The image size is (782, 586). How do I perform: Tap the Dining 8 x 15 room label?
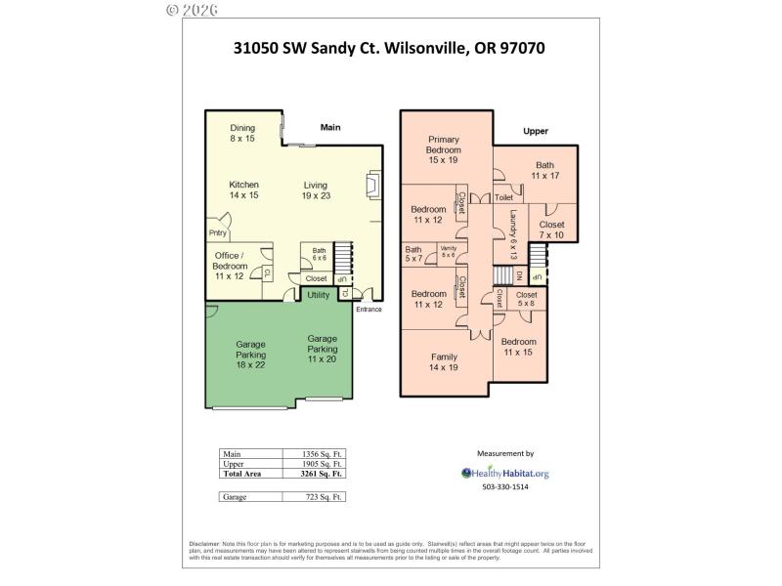click(x=242, y=134)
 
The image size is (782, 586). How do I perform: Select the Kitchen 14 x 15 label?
click(x=243, y=189)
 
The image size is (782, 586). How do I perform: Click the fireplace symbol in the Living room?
click(x=372, y=186)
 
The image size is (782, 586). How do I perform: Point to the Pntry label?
click(x=217, y=232)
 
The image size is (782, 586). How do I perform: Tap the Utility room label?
click(x=319, y=294)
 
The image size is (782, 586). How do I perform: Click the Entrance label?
click(x=368, y=310)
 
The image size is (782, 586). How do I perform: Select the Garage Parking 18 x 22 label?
click(x=250, y=355)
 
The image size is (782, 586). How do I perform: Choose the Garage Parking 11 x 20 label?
click(x=323, y=349)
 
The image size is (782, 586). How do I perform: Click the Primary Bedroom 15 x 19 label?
click(x=443, y=149)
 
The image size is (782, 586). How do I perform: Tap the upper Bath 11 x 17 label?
click(x=544, y=170)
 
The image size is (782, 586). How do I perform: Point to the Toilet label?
click(x=503, y=197)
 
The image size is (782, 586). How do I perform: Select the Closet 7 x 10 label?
click(x=551, y=230)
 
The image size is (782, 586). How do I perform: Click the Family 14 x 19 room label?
click(x=443, y=362)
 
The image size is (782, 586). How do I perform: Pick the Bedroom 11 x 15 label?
click(x=519, y=347)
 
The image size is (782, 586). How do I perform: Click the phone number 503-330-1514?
click(x=504, y=487)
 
